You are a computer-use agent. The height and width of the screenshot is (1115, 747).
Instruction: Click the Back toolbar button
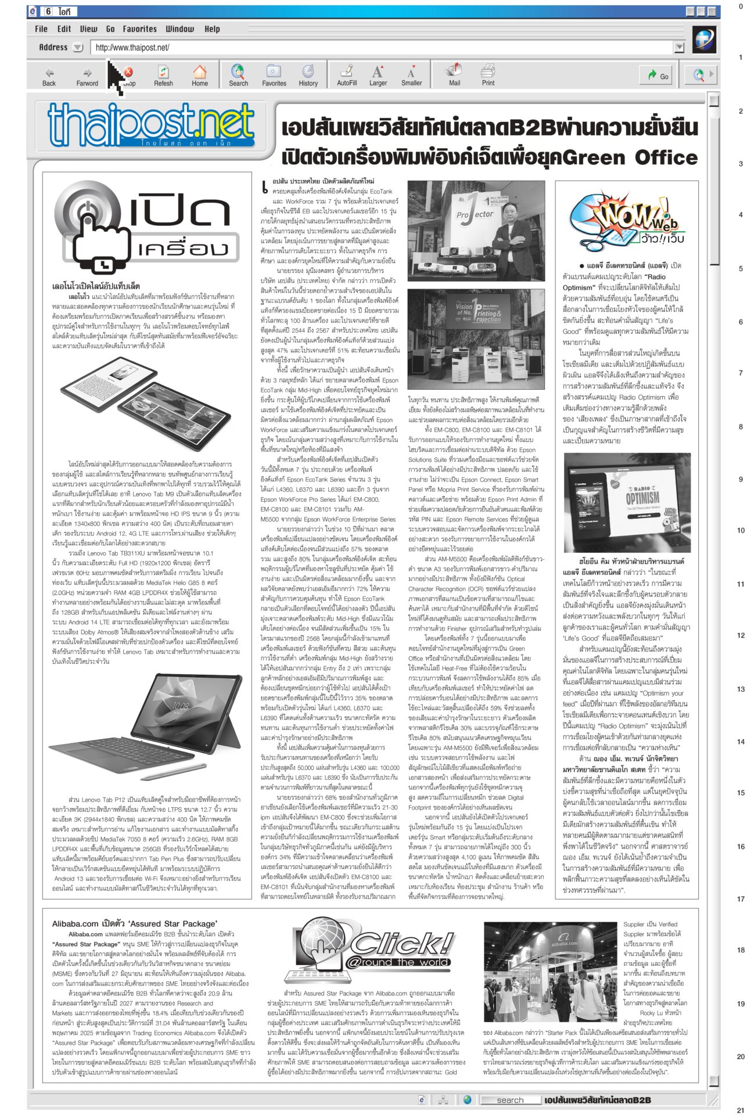pyautogui.click(x=49, y=76)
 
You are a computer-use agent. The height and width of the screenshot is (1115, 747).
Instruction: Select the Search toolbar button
pyautogui.click(x=238, y=76)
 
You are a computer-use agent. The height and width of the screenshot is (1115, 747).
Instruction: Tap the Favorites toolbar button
pyautogui.click(x=274, y=76)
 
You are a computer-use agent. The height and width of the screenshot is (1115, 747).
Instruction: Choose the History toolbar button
pyautogui.click(x=308, y=76)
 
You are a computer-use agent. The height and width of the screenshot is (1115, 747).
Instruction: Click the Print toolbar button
pyautogui.click(x=488, y=76)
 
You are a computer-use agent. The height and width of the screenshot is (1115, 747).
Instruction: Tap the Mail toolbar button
pyautogui.click(x=454, y=76)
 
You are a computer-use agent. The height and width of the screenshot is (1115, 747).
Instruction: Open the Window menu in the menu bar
pyautogui.click(x=180, y=29)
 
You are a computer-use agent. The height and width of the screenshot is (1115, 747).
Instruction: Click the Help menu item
pyautogui.click(x=212, y=29)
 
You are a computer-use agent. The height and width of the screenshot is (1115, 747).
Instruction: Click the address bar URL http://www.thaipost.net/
pyautogui.click(x=132, y=48)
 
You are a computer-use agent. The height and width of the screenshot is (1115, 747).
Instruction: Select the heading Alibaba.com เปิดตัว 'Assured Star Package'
pyautogui.click(x=135, y=923)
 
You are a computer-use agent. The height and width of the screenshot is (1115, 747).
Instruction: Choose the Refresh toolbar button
pyautogui.click(x=163, y=76)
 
